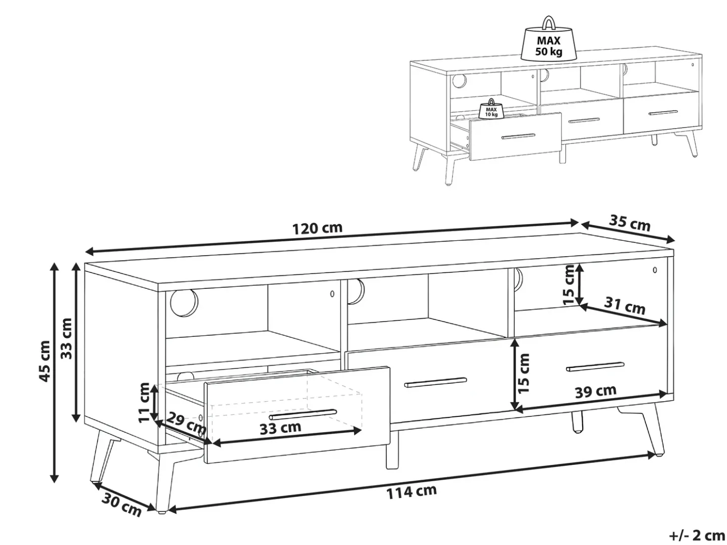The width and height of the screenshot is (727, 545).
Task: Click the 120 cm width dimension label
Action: [318, 228]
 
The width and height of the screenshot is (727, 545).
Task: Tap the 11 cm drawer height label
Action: [144, 402]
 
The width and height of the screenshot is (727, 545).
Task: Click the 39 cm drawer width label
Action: [595, 392]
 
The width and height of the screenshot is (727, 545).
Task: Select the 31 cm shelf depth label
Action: [624, 306]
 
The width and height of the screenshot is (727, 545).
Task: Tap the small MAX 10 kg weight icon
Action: [492, 108]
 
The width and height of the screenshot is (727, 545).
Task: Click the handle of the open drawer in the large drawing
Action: [303, 414]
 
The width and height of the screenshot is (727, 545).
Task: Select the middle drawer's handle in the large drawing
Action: [436, 382]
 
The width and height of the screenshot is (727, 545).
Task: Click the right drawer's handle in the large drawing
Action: [595, 366]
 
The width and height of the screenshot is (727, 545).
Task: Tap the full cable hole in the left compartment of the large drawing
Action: [184, 302]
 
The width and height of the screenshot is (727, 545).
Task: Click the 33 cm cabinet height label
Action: [67, 338]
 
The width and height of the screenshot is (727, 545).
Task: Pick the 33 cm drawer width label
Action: [280, 428]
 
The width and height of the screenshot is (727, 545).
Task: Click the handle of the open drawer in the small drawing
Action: [518, 136]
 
